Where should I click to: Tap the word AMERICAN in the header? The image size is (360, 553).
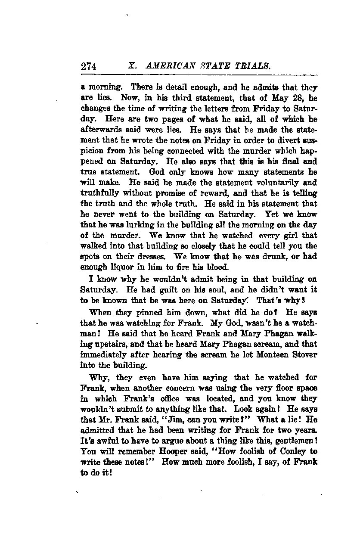[x=168, y=67]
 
